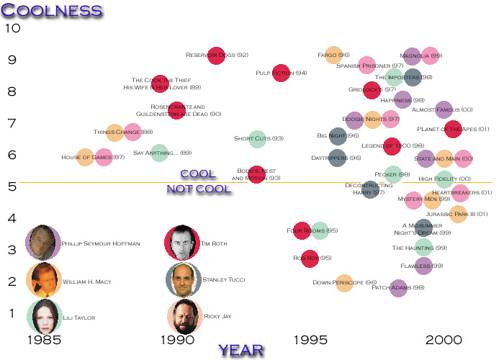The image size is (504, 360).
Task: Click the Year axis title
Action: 241,350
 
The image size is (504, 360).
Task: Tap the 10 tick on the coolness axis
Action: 13,29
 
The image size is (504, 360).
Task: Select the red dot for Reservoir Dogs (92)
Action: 216,55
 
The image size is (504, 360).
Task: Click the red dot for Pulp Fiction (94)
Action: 281,73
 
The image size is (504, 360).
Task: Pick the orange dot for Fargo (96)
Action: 333,55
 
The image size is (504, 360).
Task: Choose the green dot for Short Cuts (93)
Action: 256,138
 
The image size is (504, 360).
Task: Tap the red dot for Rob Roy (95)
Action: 310,258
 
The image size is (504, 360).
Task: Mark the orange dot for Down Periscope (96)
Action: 344,283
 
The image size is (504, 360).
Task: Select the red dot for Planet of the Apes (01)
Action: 453,130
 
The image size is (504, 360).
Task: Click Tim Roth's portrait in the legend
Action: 182,243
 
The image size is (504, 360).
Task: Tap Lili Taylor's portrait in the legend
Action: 43,317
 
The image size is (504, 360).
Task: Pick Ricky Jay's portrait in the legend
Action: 184,317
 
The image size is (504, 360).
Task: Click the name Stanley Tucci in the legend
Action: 225,279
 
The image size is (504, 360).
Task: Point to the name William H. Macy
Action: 84,281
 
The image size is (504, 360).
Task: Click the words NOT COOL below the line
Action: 199,189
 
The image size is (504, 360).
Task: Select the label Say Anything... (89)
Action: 163,153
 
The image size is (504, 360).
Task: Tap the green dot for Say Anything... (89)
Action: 159,153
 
